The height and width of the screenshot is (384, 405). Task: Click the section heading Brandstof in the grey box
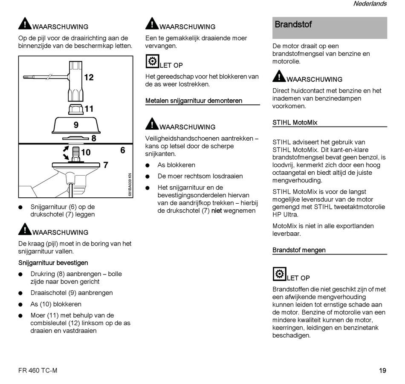click(x=293, y=25)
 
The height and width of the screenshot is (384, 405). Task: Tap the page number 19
click(x=382, y=370)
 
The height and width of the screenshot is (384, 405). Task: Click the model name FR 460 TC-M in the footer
click(x=38, y=370)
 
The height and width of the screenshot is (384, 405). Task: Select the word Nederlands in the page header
click(x=370, y=4)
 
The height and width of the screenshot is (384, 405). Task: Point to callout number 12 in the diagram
click(x=89, y=78)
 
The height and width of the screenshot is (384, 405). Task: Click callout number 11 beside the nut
click(x=89, y=109)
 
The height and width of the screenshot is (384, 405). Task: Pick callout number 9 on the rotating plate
click(x=76, y=125)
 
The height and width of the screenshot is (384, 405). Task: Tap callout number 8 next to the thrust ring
click(x=94, y=138)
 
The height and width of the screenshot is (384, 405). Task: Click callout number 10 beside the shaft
click(x=86, y=152)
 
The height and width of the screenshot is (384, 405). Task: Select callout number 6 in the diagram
click(x=123, y=150)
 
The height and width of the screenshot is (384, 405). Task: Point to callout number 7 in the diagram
click(x=105, y=165)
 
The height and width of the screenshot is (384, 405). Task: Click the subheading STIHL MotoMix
click(x=295, y=122)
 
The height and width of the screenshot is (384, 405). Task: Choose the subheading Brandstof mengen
click(x=299, y=250)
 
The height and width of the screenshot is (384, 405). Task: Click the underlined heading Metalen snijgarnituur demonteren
click(x=194, y=101)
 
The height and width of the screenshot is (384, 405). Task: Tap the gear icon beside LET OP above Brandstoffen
click(x=279, y=274)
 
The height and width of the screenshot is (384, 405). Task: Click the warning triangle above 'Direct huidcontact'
click(x=279, y=76)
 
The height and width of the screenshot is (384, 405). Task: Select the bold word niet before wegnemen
click(x=217, y=211)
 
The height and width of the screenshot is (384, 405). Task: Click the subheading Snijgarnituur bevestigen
click(x=53, y=263)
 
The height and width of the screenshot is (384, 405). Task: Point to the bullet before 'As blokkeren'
click(x=148, y=165)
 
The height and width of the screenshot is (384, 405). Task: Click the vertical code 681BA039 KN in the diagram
click(x=130, y=184)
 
